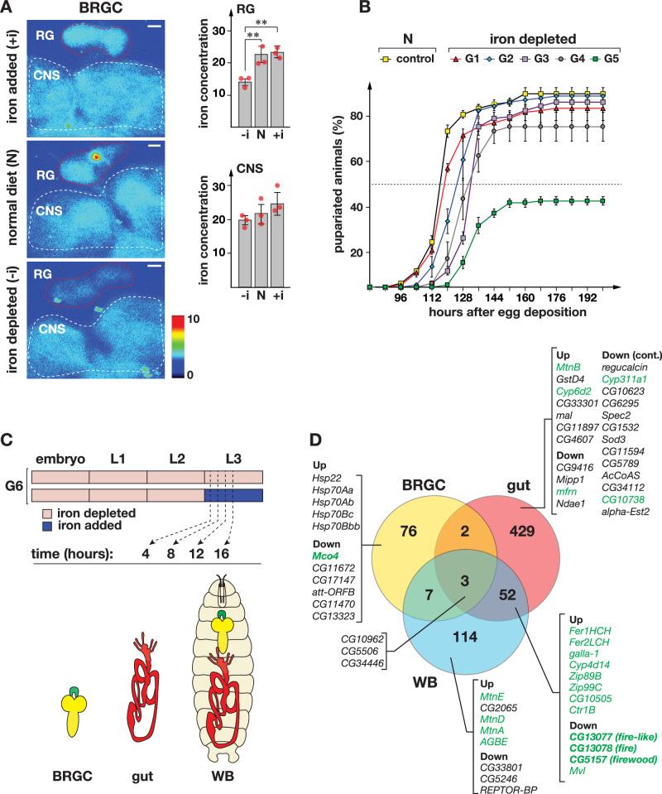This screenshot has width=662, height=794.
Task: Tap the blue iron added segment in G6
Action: tap(233, 495)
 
